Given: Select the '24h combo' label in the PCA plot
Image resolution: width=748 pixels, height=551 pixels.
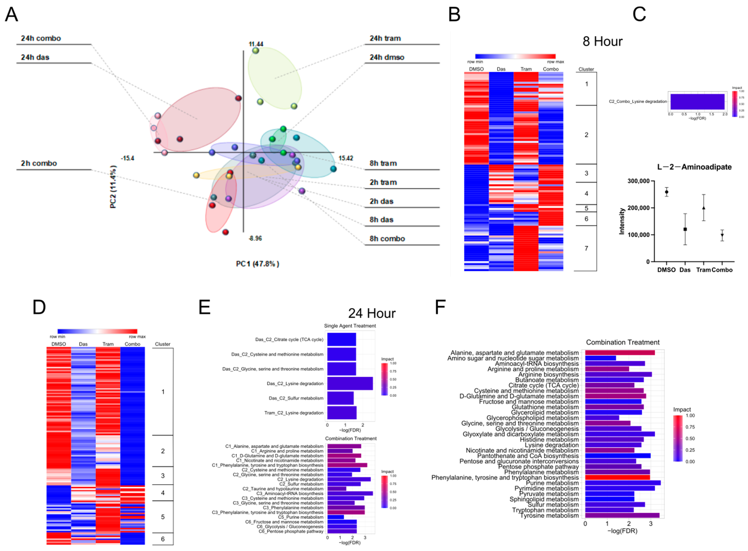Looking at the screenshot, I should pos(41,38).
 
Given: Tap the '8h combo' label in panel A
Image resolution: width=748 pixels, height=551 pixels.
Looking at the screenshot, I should pos(387,239).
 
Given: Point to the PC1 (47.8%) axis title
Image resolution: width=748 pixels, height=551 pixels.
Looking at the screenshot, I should pos(257,264).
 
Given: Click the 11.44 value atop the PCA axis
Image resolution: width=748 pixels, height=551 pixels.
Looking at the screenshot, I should pos(256,44).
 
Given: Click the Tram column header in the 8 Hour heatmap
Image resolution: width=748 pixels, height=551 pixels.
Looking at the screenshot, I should pos(526,69).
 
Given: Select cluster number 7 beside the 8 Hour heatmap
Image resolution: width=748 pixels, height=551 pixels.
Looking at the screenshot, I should pos(586,248).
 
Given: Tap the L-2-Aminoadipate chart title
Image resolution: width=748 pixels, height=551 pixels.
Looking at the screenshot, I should pos(694,167).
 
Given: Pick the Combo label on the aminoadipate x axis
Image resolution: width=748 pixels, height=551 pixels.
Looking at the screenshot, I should pos(722,270).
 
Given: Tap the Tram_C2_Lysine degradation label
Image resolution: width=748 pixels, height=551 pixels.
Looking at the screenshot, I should pos(294,413).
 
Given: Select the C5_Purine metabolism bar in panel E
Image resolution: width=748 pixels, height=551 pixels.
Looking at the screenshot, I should pos(335,517).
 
